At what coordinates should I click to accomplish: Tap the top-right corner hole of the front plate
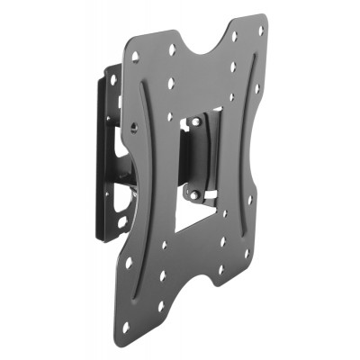(x=260, y=30)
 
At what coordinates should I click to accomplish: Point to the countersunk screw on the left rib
(x=134, y=126)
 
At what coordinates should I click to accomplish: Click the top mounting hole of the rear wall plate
(x=113, y=79)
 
